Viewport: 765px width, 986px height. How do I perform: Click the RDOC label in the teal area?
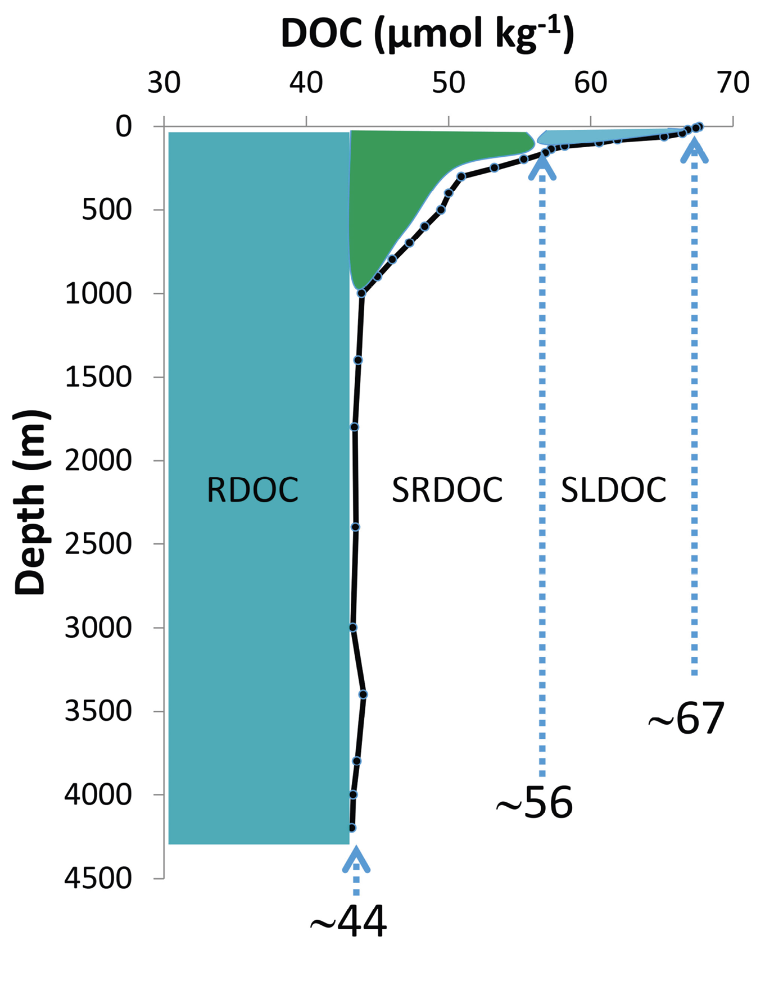coord(252,489)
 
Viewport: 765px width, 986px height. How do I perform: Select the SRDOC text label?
coord(447,489)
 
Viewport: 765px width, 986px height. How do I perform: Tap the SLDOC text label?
coord(613,489)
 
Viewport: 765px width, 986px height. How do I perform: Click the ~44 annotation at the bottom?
coord(348,922)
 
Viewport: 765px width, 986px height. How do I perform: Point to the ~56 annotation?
coord(535,803)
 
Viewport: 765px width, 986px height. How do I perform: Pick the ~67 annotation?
coord(686,719)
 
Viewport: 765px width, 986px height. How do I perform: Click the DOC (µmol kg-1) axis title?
coord(427,34)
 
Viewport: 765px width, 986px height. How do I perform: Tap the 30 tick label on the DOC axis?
coord(164,83)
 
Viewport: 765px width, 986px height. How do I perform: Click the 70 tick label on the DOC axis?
coord(733,83)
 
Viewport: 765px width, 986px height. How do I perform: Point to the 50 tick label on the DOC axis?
coord(449,83)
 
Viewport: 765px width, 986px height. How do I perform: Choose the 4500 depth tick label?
coord(98,878)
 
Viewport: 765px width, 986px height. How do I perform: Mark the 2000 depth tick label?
coord(98,461)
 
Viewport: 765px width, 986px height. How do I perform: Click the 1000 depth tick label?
coord(98,293)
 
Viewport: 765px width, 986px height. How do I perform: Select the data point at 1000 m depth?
coord(361,293)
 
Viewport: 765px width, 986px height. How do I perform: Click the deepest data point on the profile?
coord(352,828)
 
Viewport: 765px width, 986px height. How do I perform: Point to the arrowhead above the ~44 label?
coord(356,860)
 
